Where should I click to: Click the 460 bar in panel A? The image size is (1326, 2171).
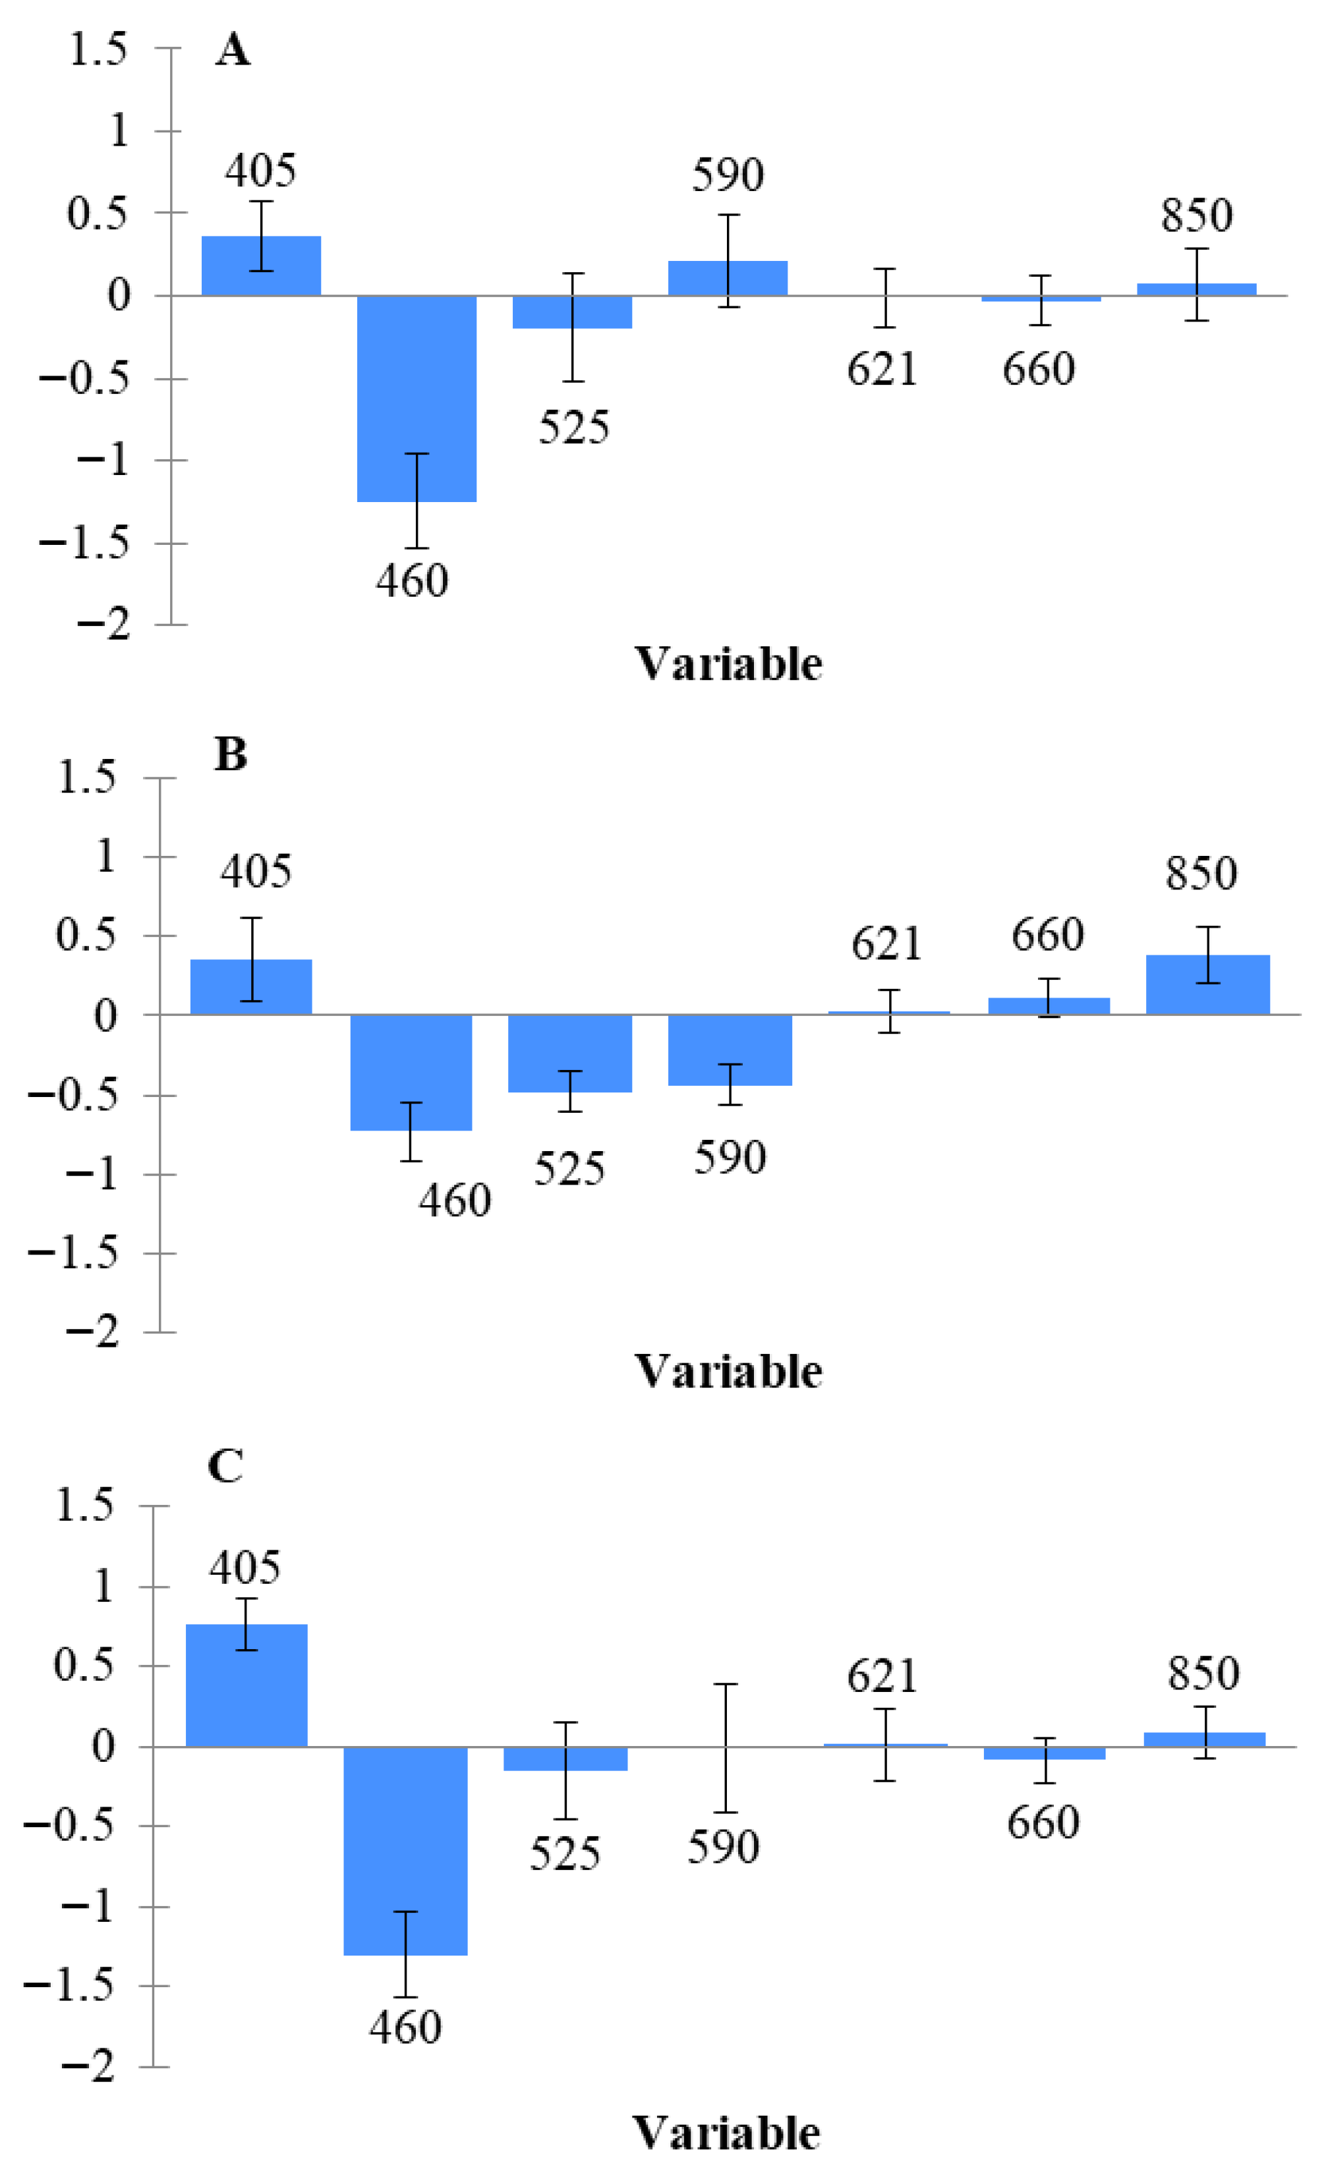[x=417, y=398]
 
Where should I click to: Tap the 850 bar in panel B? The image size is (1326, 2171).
[x=1208, y=985]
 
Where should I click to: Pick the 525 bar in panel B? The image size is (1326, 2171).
[x=570, y=1054]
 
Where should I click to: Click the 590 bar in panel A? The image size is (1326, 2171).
[x=728, y=279]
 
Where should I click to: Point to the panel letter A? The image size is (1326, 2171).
[x=233, y=49]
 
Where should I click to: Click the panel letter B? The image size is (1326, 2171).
[x=230, y=754]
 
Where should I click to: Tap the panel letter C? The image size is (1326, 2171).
[x=225, y=1465]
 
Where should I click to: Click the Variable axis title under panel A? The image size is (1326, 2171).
[x=728, y=664]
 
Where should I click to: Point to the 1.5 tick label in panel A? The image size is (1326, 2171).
[x=97, y=49]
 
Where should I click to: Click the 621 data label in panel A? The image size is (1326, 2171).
[x=882, y=369]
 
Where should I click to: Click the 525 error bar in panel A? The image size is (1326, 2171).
[x=573, y=327]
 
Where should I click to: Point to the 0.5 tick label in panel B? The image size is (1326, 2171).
[x=86, y=936]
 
